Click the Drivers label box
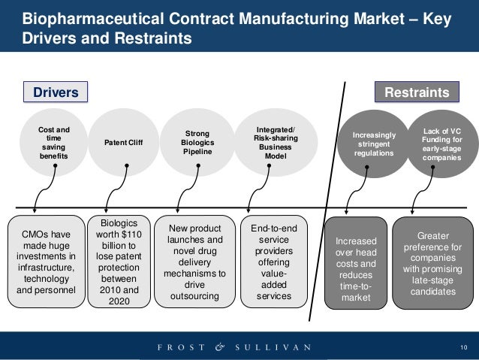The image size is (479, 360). [x=56, y=92]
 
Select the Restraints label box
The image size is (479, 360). [x=417, y=92]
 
